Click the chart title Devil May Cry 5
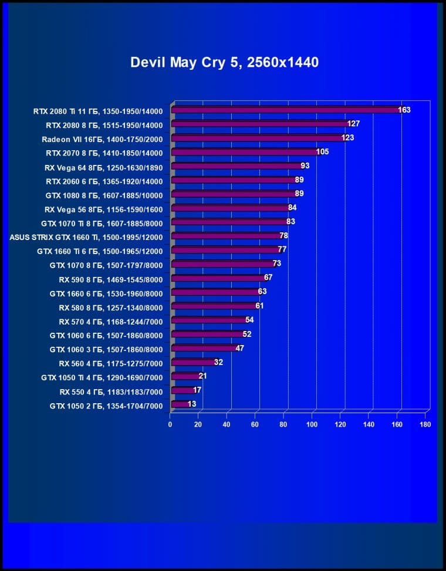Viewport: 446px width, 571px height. tap(224, 62)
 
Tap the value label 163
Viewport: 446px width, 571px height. tap(404, 110)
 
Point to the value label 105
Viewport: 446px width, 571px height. tap(322, 152)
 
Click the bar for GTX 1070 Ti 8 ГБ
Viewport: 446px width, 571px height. tap(229, 222)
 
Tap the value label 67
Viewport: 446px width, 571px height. tap(268, 277)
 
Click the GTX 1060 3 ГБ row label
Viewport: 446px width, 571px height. tap(106, 349)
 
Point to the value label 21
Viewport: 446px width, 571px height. tap(202, 376)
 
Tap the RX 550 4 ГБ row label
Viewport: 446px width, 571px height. tap(111, 391)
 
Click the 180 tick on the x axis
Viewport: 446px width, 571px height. tap(425, 424)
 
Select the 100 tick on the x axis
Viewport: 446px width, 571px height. tap(312, 424)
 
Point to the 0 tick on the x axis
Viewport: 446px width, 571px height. tap(170, 424)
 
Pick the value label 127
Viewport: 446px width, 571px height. tap(353, 124)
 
